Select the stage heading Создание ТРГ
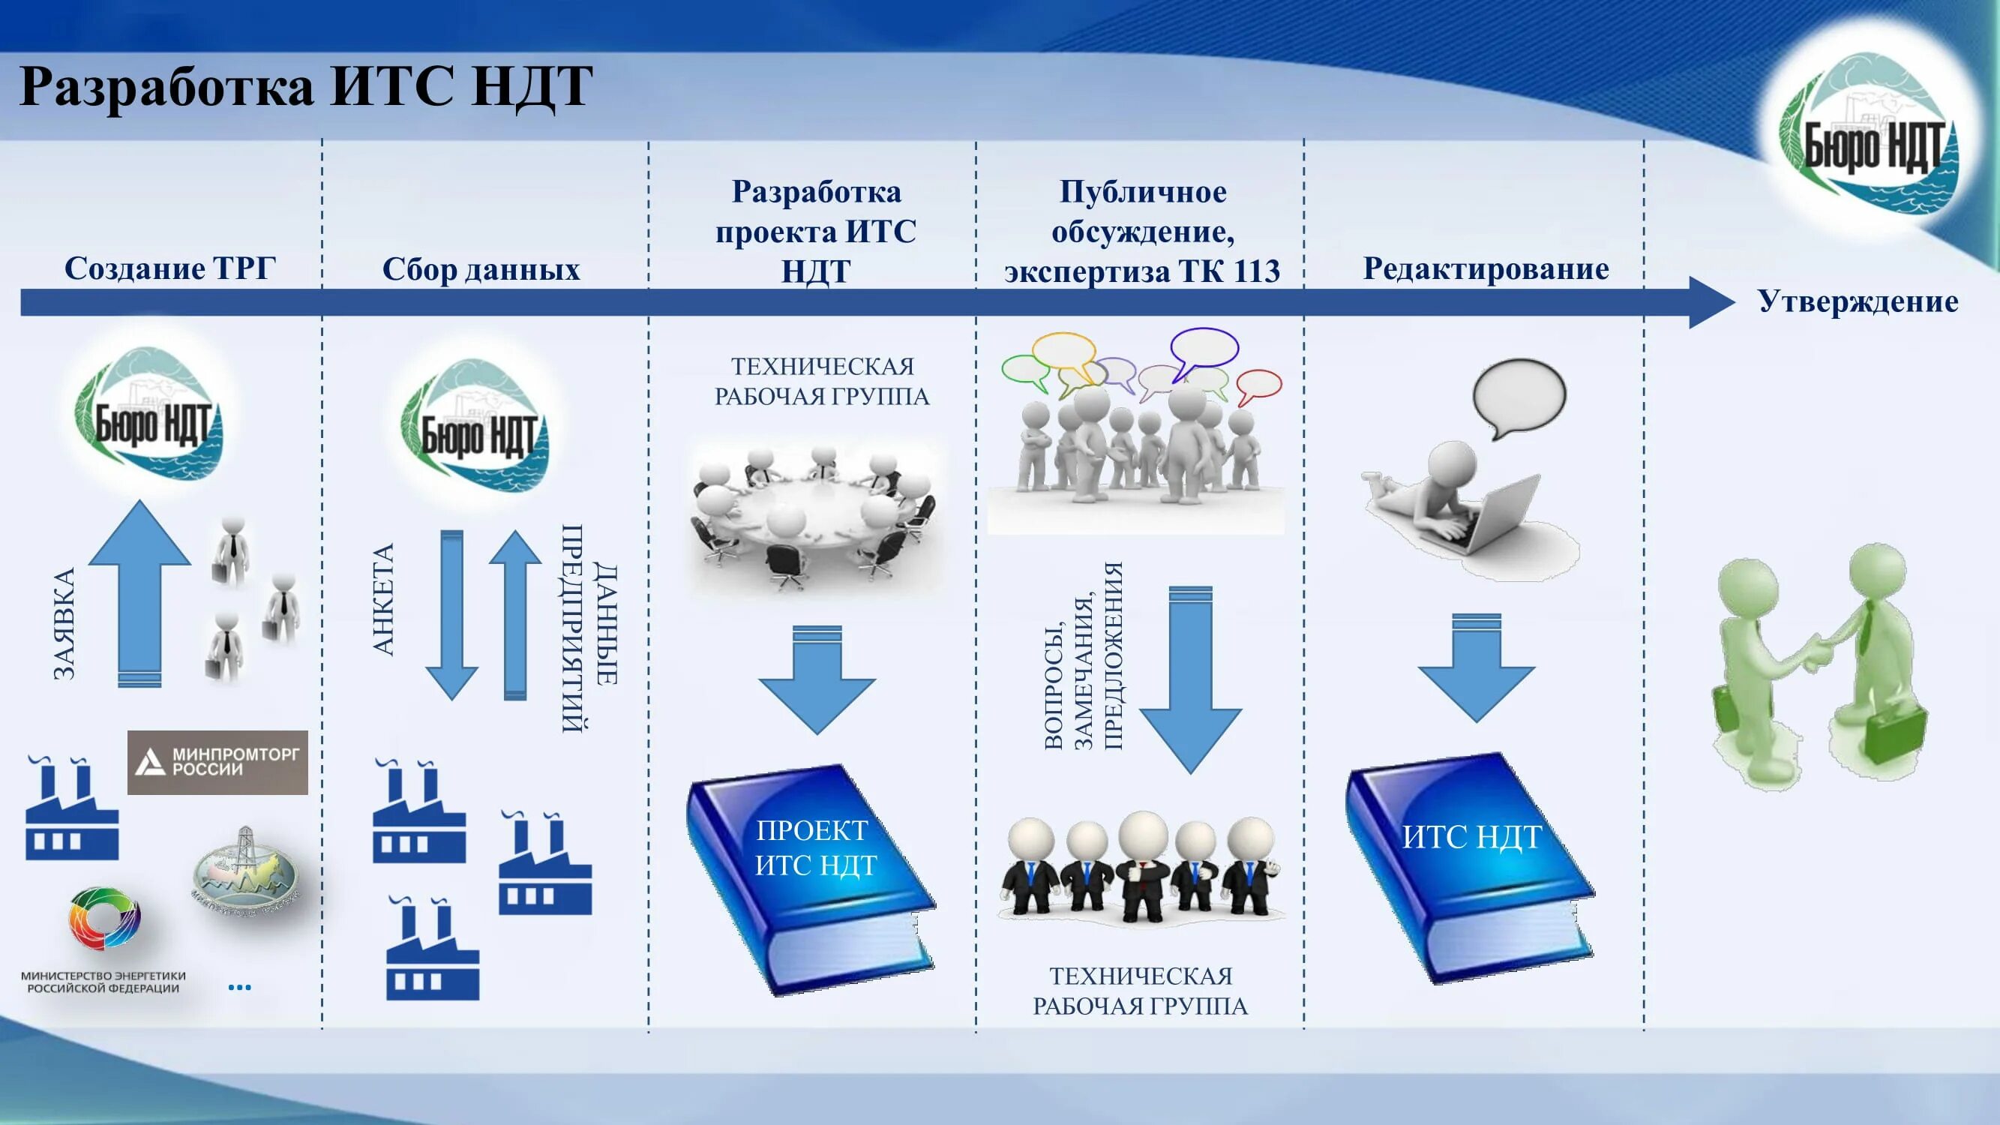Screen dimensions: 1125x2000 point(169,268)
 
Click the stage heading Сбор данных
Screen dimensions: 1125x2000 point(481,269)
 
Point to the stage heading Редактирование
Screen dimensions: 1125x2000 point(1486,268)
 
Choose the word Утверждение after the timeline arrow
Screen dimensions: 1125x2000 point(1857,301)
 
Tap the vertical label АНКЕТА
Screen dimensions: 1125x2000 point(383,599)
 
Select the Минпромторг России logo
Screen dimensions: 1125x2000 point(217,762)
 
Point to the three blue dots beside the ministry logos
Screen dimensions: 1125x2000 point(239,988)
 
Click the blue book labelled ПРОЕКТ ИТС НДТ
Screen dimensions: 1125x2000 point(812,877)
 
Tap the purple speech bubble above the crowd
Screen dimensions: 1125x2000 point(1204,347)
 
